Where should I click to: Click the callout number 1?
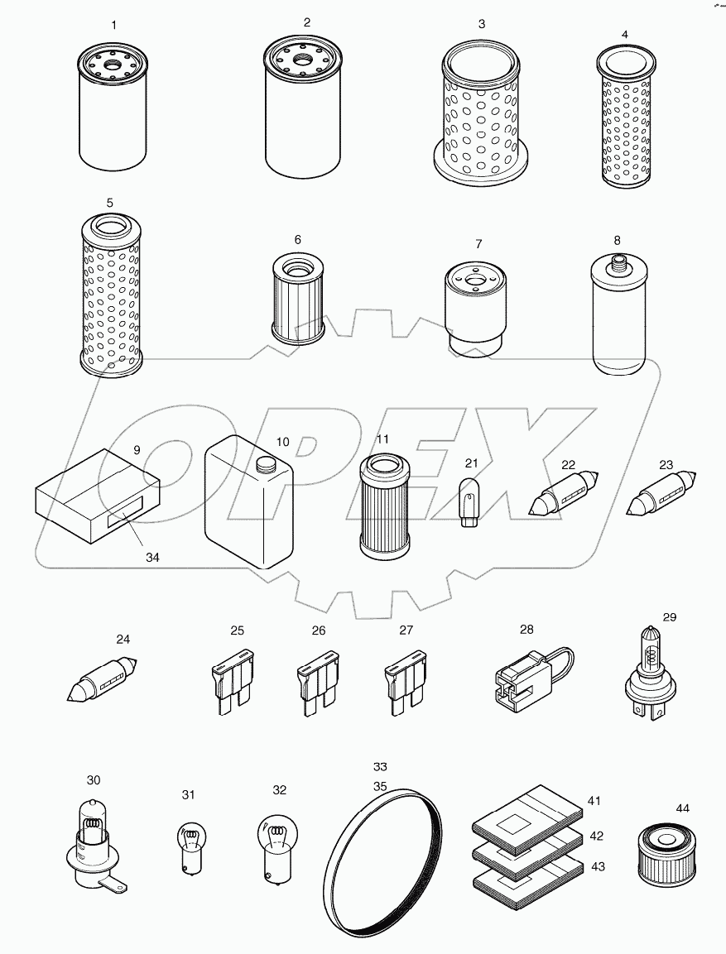(x=113, y=26)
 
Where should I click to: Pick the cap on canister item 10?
(x=265, y=466)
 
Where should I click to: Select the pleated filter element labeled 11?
(x=382, y=505)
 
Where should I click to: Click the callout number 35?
(x=380, y=786)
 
